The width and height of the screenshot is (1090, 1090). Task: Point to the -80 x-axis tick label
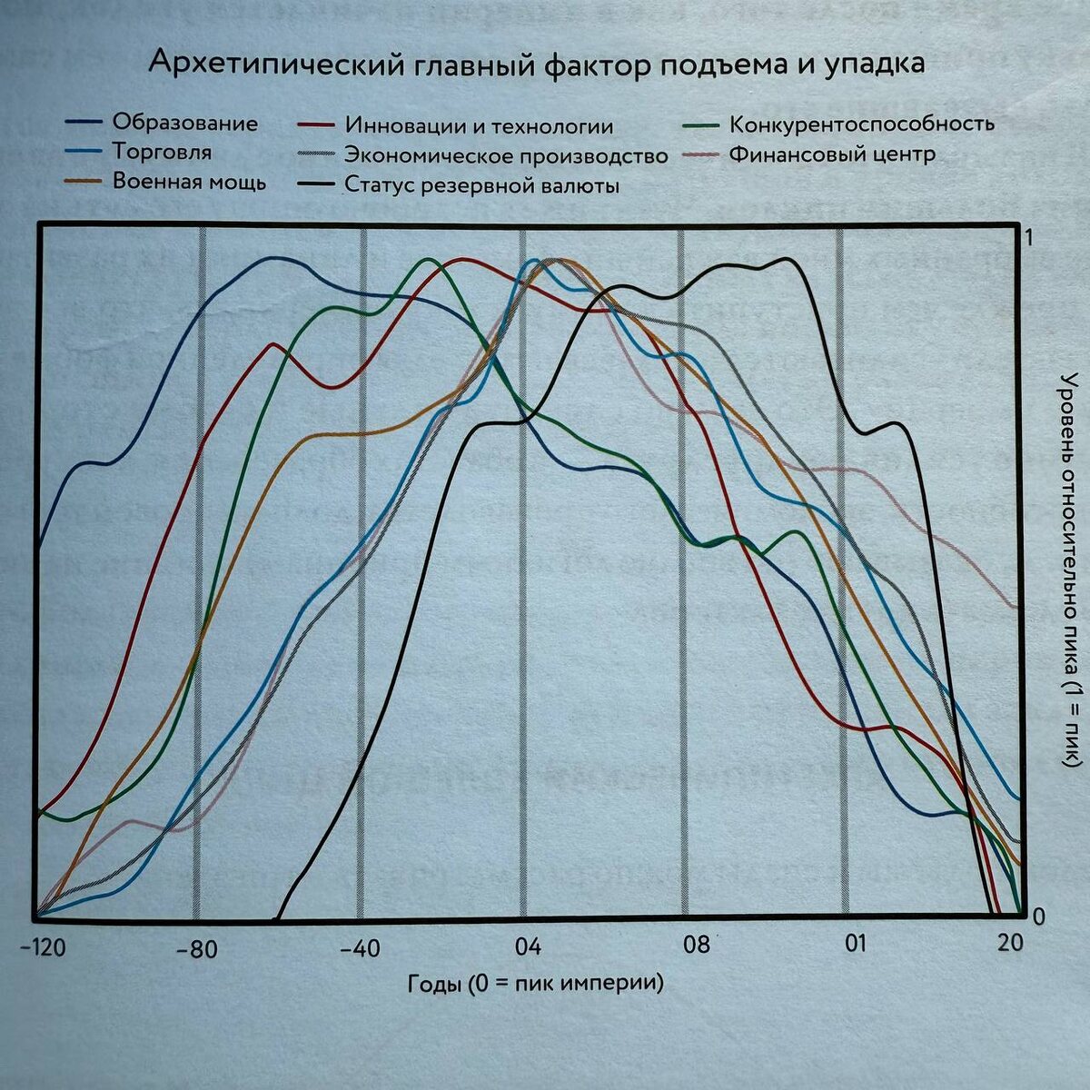coord(196,950)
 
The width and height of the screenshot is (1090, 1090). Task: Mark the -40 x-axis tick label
coord(359,949)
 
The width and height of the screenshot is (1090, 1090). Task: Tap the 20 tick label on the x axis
coord(1010,942)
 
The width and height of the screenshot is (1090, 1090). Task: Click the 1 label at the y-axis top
coord(1029,238)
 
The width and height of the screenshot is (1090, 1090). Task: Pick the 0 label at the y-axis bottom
coord(1037,916)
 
